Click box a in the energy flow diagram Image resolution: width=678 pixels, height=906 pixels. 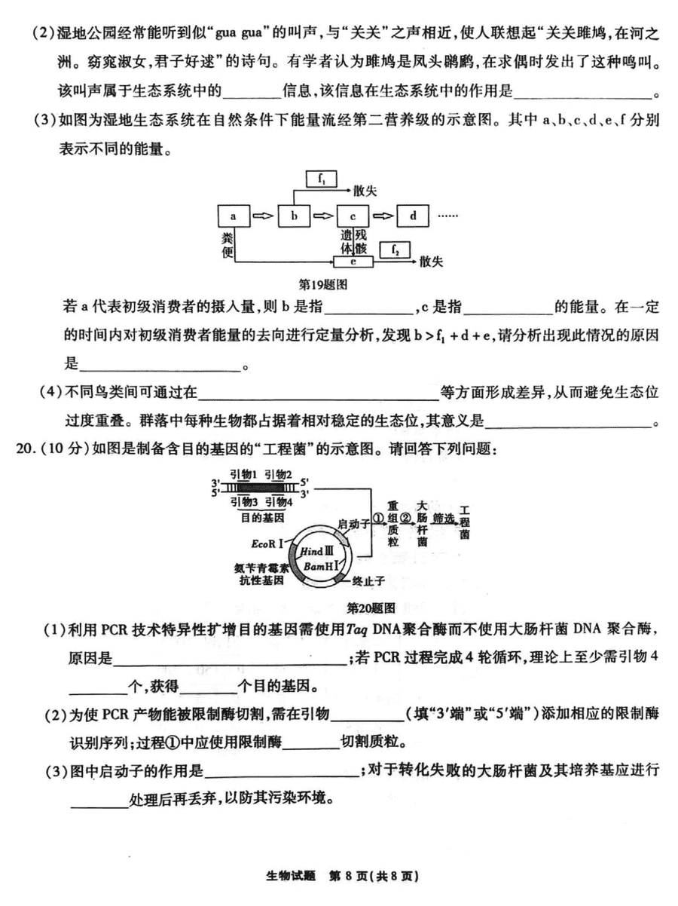[x=234, y=216]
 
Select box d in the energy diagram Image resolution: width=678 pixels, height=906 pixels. [x=413, y=216]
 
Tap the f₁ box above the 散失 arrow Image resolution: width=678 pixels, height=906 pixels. [x=321, y=179]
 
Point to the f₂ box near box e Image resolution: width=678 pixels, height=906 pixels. [x=395, y=250]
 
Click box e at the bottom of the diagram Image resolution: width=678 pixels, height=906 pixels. [x=353, y=262]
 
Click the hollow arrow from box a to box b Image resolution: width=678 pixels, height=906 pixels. [x=264, y=216]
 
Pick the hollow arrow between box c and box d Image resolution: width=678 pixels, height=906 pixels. [x=383, y=216]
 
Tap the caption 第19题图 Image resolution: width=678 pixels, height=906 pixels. [x=323, y=284]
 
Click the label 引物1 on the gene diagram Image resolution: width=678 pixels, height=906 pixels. [x=244, y=475]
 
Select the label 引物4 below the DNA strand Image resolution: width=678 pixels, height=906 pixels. [x=279, y=502]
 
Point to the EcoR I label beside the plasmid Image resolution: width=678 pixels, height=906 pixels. [x=267, y=543]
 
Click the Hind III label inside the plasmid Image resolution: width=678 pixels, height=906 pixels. [x=317, y=551]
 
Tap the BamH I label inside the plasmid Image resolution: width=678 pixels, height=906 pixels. [x=321, y=566]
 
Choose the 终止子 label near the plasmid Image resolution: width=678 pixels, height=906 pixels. [x=368, y=581]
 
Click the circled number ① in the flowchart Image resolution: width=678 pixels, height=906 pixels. [x=378, y=518]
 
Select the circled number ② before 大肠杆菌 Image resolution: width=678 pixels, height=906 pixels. [x=406, y=518]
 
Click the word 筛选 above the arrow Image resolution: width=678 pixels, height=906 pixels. [x=444, y=519]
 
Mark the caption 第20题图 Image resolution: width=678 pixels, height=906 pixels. [x=371, y=608]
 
